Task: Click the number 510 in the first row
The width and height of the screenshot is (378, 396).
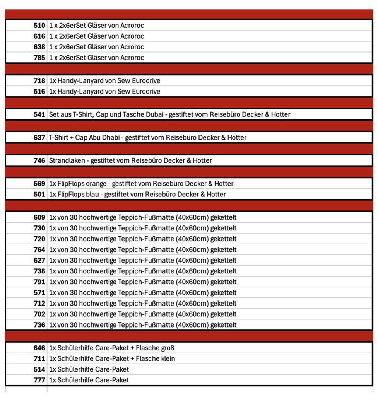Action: point(39,26)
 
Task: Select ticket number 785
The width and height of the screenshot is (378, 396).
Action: point(39,58)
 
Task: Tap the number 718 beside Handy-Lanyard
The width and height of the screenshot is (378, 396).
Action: point(39,81)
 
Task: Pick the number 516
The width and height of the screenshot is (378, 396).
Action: point(39,92)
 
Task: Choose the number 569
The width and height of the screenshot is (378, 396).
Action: point(39,183)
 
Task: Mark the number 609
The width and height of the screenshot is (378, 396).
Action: point(39,217)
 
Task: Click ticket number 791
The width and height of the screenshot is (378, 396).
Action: point(39,282)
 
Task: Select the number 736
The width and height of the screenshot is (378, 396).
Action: point(39,325)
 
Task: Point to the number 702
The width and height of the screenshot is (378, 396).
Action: point(39,314)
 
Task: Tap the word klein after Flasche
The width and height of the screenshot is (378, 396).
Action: point(167,359)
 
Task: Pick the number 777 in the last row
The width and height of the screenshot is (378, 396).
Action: point(39,380)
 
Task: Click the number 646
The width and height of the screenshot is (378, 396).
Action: point(39,348)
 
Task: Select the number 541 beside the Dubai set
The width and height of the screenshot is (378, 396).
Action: point(39,114)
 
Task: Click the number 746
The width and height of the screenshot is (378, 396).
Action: point(39,160)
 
